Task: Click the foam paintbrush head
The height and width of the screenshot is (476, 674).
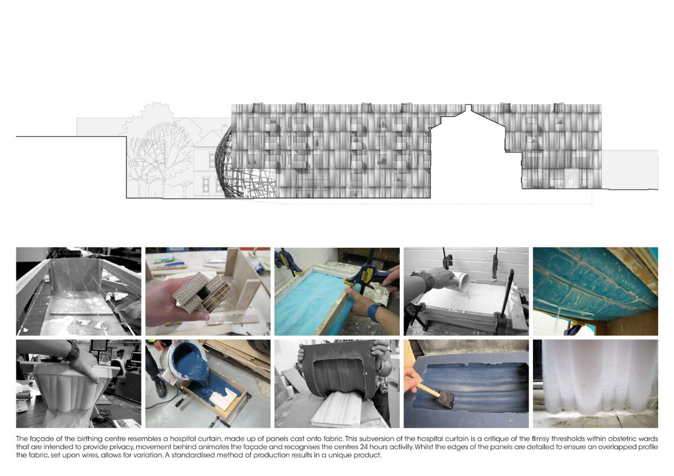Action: pos(445,399)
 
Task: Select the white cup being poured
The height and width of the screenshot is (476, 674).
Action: pos(461,281)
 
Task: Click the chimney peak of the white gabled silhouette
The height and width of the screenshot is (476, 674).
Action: pos(468,107)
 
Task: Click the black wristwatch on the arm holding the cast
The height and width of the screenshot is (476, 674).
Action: pos(72,350)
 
